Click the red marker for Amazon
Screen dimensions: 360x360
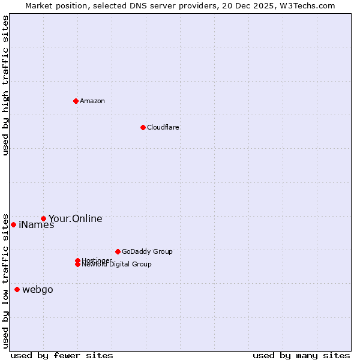click(x=76, y=101)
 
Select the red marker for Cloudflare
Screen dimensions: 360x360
click(x=143, y=127)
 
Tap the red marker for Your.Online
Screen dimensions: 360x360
click(x=43, y=218)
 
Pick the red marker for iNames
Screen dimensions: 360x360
click(x=13, y=224)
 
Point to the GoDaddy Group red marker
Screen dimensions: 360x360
click(x=118, y=251)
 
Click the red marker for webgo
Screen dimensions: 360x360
click(x=17, y=289)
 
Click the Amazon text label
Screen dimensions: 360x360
click(x=92, y=101)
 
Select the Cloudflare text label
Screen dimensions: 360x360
click(x=163, y=127)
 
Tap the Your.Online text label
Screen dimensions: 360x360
click(x=76, y=218)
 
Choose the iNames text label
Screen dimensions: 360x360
click(x=37, y=225)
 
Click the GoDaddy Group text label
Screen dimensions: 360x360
click(x=147, y=251)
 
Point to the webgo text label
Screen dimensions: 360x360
click(x=38, y=290)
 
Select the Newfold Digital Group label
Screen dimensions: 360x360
click(x=117, y=265)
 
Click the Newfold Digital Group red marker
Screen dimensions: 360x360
click(x=77, y=265)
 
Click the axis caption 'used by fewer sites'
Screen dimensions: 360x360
click(x=62, y=355)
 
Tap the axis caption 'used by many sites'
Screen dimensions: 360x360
click(x=301, y=355)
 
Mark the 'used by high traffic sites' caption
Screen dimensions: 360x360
click(x=5, y=85)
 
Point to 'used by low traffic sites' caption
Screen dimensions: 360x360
click(x=5, y=280)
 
